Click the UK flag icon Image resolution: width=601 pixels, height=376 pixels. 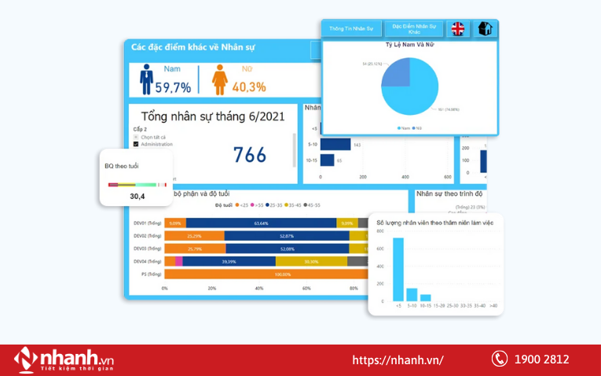coord(457,29)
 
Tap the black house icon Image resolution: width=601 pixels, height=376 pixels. coord(485,29)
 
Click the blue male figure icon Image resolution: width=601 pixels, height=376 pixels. coord(146,79)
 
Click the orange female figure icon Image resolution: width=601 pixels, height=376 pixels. coord(219,79)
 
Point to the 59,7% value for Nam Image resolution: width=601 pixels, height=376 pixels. coord(173,87)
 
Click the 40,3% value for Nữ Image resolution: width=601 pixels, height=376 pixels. coord(249,87)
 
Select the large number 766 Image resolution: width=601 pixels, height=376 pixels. coord(250,155)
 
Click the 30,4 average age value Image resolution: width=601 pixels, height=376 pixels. coord(137,197)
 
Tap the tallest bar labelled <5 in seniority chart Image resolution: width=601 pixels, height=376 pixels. coord(398,269)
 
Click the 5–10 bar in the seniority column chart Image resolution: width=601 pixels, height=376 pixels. coord(412,294)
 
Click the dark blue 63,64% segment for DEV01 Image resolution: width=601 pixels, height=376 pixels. coord(261,223)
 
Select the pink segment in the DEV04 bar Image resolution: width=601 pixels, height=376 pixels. coord(179,261)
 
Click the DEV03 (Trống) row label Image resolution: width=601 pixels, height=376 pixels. coord(147,249)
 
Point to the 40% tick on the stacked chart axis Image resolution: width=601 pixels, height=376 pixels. coord(259,289)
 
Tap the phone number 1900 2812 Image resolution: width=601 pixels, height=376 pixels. coord(541,359)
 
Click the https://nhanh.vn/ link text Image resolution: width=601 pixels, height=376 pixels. coord(398,360)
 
